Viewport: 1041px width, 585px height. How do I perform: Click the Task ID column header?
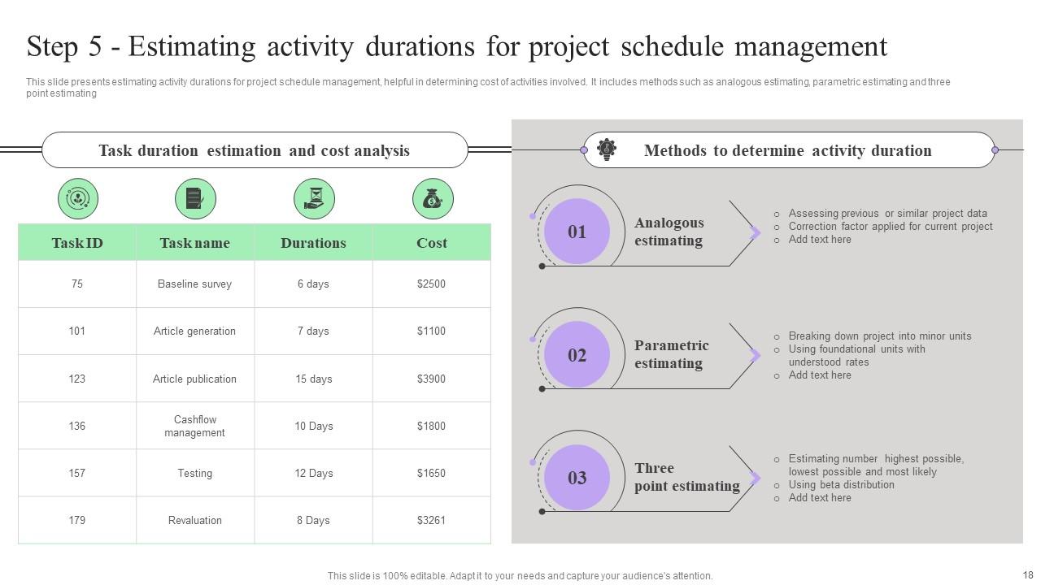point(77,243)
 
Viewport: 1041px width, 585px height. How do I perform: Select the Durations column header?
point(313,243)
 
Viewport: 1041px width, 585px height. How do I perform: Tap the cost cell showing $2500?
point(431,284)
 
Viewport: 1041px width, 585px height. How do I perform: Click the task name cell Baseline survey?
point(194,284)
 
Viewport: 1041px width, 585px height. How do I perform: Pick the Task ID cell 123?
point(77,379)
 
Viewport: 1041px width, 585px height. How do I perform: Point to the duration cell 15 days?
point(313,379)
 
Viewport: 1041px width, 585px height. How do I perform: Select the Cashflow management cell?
point(194,426)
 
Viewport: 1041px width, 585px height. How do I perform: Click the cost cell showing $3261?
point(431,520)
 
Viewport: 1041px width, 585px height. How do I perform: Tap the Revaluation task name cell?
point(194,520)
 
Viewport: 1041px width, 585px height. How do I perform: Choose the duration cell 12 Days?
point(313,473)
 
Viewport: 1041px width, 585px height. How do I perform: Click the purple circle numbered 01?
point(577,232)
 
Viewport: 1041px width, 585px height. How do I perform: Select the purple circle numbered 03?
point(577,478)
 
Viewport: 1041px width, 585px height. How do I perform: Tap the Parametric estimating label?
point(671,354)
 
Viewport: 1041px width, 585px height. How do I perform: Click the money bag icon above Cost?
point(432,199)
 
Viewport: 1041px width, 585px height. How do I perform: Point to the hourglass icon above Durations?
point(314,199)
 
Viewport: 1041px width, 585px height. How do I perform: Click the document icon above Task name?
point(195,199)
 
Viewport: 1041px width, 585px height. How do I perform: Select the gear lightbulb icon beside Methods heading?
point(607,149)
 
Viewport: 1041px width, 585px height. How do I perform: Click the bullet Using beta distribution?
point(841,484)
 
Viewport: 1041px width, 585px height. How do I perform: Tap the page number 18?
point(1026,574)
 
